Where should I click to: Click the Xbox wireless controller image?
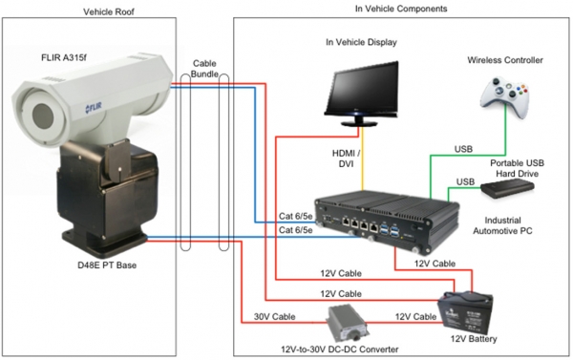pos(504,95)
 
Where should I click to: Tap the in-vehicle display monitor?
pos(361,94)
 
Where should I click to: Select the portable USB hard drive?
pos(507,188)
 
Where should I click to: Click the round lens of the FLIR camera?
pos(43,116)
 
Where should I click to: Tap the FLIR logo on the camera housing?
pos(94,108)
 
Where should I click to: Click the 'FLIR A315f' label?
pos(64,57)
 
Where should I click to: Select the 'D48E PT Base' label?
pos(107,265)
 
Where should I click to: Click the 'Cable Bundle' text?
pos(204,69)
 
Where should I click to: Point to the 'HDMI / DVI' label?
pos(346,159)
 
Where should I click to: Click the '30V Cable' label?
pos(274,316)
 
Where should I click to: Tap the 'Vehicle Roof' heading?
pos(109,11)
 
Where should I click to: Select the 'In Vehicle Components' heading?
pos(401,9)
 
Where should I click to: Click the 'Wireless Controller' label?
pos(505,60)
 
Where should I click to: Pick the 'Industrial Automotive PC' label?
pos(502,225)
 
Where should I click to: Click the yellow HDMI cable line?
pos(362,159)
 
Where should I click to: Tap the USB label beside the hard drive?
pos(465,181)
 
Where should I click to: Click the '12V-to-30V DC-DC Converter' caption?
pos(339,349)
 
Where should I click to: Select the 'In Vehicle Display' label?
pos(361,42)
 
